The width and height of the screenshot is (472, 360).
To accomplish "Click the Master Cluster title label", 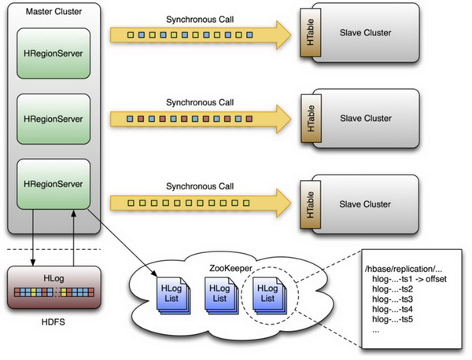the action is [53, 12].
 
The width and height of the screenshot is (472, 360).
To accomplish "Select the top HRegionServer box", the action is [53, 53].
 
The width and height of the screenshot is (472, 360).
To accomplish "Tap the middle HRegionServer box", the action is [53, 119].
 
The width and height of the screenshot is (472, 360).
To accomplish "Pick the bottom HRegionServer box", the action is [53, 184].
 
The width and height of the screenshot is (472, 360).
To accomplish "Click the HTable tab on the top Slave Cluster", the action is [311, 32].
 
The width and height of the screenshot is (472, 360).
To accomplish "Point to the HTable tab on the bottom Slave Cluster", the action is [311, 204].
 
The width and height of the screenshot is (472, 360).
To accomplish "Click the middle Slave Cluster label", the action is [366, 119].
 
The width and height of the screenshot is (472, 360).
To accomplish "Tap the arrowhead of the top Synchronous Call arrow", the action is [283, 35].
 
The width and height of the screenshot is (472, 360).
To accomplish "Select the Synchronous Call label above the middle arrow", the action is [200, 102].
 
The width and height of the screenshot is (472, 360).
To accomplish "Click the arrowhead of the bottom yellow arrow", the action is [283, 203].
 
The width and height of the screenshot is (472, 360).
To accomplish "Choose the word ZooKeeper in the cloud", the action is [230, 268].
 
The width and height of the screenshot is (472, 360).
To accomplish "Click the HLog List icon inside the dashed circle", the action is [269, 296].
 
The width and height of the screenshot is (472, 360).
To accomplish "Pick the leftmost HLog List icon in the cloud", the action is [173, 296].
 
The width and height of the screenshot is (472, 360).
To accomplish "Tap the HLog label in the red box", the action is [53, 278].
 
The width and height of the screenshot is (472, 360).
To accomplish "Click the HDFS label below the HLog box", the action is [53, 322].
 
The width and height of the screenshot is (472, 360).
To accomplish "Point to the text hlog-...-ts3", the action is [393, 299].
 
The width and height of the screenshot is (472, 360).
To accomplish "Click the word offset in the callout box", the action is [436, 279].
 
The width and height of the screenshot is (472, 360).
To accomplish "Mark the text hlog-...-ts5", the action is [393, 319].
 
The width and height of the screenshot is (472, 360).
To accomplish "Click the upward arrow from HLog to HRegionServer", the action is [73, 237].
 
